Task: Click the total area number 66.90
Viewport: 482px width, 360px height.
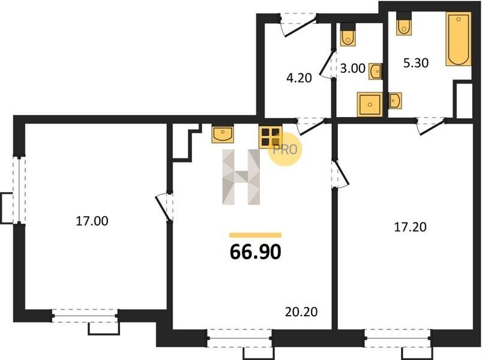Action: (256, 252)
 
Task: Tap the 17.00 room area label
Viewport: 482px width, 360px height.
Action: (92, 221)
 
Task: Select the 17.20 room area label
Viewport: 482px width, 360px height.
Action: (410, 227)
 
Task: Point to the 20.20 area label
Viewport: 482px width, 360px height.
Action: (301, 312)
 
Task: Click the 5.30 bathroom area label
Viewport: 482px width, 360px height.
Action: (416, 63)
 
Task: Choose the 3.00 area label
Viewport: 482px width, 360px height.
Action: (353, 68)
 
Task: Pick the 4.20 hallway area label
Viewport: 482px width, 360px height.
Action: (299, 78)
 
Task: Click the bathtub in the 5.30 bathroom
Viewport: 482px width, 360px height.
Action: (459, 39)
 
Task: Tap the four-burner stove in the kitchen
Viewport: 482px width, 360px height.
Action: (271, 137)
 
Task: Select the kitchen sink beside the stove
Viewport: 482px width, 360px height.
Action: (223, 134)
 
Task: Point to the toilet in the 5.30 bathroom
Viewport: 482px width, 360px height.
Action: (404, 24)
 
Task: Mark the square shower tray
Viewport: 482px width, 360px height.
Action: (370, 104)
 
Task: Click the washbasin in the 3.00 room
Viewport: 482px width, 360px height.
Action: (376, 71)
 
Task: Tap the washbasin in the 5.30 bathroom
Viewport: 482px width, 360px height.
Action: (395, 100)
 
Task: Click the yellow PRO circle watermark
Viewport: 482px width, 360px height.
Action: (285, 149)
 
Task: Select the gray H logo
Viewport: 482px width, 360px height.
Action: (241, 177)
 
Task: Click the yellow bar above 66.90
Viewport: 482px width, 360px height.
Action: (256, 235)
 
